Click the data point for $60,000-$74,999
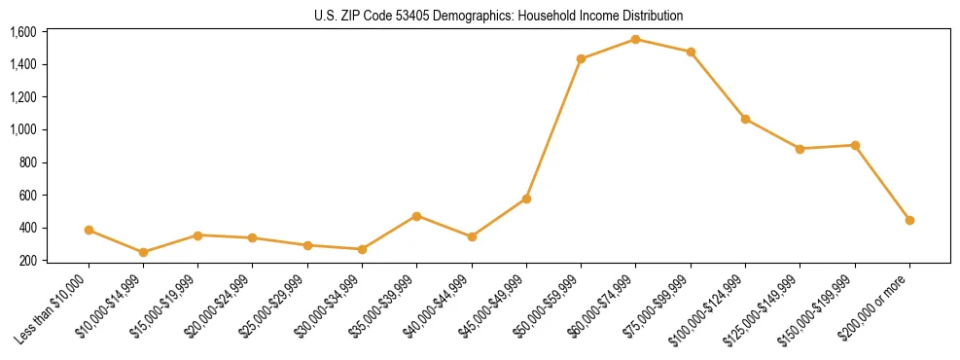(635, 39)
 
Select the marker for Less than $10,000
(89, 231)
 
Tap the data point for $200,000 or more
(909, 220)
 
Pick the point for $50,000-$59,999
(581, 59)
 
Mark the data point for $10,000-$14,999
(143, 252)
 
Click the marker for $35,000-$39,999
(416, 216)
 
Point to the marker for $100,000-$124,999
(745, 119)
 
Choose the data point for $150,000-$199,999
(855, 145)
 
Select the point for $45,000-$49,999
(526, 198)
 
